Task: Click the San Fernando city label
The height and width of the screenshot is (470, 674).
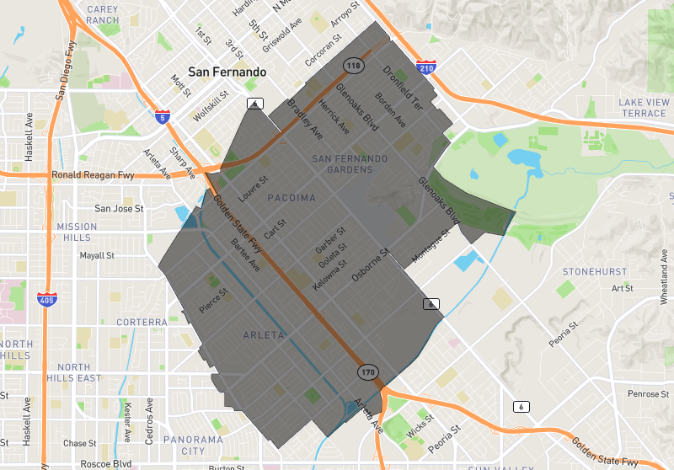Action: tap(227, 72)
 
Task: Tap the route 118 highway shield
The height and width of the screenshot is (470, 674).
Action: tap(352, 65)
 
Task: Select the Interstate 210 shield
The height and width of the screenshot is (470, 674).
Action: tap(425, 66)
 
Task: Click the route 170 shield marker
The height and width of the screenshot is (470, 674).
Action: tap(366, 371)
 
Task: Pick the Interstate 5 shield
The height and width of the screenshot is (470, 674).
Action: tap(163, 116)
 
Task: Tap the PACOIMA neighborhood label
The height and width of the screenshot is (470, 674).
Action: tap(292, 198)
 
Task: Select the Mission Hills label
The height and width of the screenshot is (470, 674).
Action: tap(78, 232)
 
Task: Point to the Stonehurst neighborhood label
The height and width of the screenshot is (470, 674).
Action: tap(595, 271)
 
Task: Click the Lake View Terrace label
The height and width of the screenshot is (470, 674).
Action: tap(642, 108)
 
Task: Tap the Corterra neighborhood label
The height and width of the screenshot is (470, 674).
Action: tap(142, 322)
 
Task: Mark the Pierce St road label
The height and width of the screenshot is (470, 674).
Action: tap(214, 302)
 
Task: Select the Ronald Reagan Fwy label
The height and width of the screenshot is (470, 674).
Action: tap(93, 176)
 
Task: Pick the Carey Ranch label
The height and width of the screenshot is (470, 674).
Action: tap(102, 14)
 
